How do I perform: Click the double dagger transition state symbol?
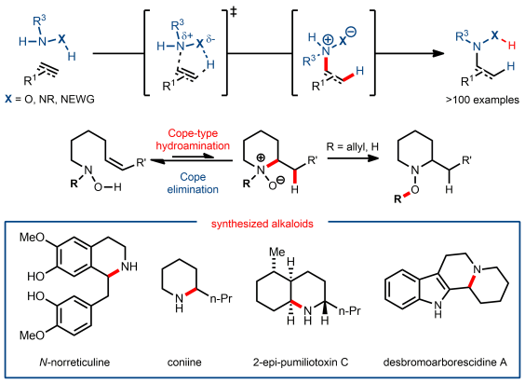(241, 8)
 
